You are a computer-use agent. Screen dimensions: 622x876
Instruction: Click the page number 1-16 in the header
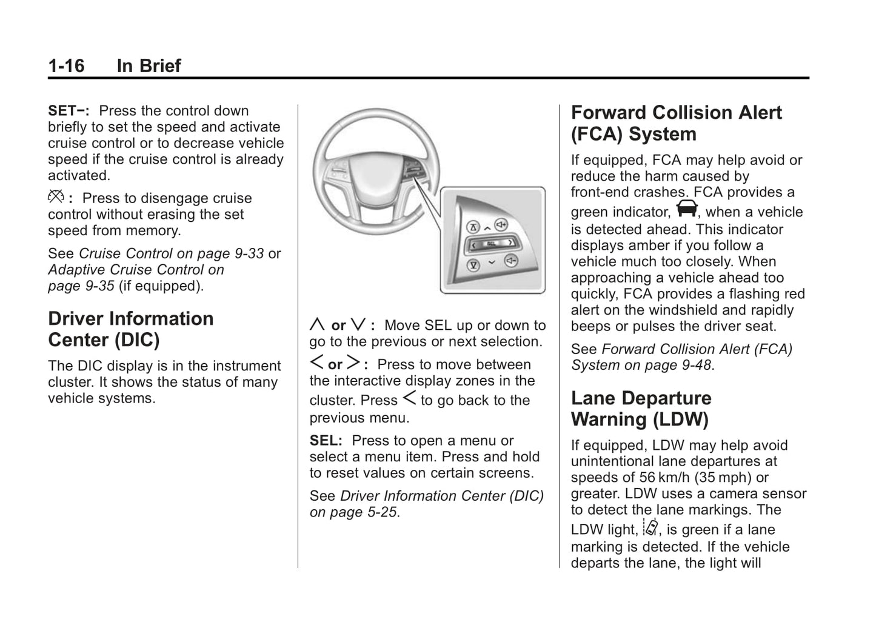click(x=66, y=65)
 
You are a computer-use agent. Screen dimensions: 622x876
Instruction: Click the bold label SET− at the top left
click(x=68, y=111)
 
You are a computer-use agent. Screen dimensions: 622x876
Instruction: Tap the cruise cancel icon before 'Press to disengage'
click(x=56, y=197)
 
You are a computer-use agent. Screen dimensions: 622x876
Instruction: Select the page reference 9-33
click(x=249, y=253)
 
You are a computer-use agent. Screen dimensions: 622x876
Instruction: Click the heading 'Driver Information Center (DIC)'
click(x=130, y=329)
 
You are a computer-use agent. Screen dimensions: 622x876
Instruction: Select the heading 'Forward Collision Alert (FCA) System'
click(x=676, y=123)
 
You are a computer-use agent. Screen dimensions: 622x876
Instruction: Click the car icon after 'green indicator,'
click(x=687, y=209)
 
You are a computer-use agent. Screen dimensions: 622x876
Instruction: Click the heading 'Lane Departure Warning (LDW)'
click(x=640, y=409)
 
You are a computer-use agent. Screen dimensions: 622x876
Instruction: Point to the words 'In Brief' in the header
click(x=149, y=65)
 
